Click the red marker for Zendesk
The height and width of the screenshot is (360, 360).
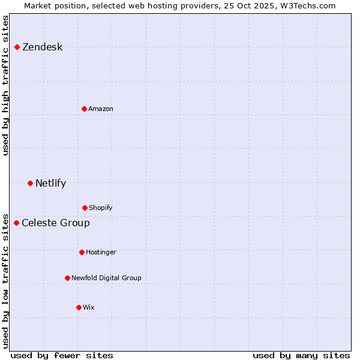(17, 47)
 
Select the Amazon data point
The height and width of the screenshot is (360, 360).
(84, 109)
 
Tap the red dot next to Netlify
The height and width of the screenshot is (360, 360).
(30, 183)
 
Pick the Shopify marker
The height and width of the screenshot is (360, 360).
(85, 208)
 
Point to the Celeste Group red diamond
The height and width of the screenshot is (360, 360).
(16, 223)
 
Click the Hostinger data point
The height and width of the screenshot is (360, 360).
(82, 252)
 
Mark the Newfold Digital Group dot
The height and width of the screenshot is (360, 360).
(67, 278)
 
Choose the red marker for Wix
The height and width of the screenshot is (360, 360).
(79, 307)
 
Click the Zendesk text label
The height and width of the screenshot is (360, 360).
(42, 47)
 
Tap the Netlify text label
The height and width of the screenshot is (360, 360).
(50, 184)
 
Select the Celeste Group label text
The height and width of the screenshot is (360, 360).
(56, 223)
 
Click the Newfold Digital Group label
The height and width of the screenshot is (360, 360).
(106, 278)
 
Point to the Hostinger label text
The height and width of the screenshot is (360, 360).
(101, 252)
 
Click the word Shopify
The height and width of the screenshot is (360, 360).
(100, 208)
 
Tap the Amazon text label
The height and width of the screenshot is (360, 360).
(100, 109)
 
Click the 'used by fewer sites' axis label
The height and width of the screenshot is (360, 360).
(62, 355)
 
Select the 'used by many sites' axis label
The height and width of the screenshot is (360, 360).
(301, 355)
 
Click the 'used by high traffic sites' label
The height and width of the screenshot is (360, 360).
(5, 85)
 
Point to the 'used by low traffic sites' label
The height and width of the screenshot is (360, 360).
(5, 280)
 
